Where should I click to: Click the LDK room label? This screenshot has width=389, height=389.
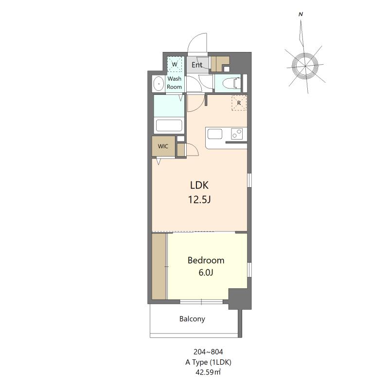[199, 185]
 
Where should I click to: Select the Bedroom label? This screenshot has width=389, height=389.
[206, 260]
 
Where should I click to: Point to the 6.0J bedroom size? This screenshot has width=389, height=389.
[206, 273]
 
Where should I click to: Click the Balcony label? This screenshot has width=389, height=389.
[192, 319]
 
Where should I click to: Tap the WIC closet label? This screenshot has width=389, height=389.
[163, 146]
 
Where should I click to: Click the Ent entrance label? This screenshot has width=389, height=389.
[197, 65]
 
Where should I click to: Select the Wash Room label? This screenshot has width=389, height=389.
[175, 83]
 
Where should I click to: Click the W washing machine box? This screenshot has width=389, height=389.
[174, 64]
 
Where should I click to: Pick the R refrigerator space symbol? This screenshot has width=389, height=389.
[239, 103]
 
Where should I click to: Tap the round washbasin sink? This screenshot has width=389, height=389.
[159, 85]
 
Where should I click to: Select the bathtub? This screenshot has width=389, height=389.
[169, 125]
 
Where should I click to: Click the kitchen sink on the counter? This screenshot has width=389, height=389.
[214, 134]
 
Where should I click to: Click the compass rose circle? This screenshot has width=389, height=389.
[305, 64]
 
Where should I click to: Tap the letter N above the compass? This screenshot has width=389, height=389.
[301, 15]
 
